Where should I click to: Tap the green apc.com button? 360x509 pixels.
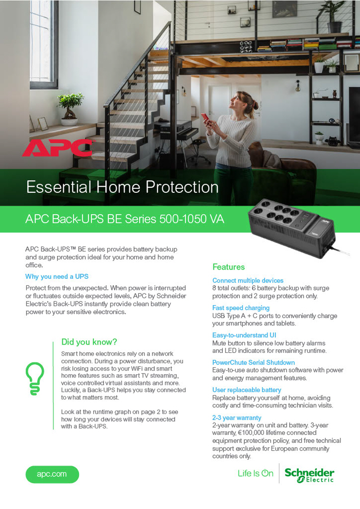pos(52,474)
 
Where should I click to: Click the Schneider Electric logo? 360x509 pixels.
pos(309,475)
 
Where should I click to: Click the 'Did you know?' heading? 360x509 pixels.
pos(89,342)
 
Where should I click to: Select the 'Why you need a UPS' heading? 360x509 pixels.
pos(57,277)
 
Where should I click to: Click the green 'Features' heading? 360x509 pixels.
pos(228,267)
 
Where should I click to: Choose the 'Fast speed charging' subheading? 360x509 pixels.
pos(241,308)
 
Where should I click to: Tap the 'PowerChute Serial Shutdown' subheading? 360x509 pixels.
pos(254,363)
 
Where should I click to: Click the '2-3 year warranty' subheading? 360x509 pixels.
pos(237,418)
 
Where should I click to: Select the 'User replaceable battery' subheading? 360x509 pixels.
pos(247,390)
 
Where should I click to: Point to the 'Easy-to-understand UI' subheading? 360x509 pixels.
pos(244,335)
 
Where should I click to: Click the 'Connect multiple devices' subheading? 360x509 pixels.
pos(248,281)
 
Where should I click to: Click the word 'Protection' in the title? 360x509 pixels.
pos(182,187)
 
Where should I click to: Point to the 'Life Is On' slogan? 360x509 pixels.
pos(256,473)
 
